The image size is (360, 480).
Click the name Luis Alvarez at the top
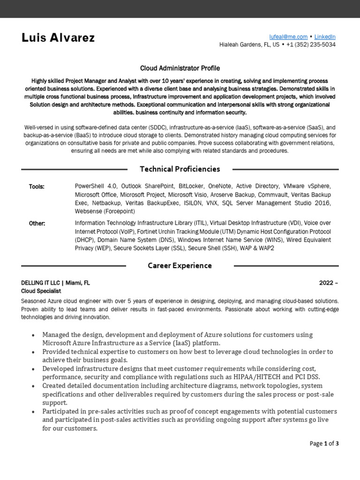point(58,38)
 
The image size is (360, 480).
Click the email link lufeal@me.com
point(288,37)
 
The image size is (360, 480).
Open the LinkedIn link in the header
point(325,37)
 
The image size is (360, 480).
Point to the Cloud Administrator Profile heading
point(180,68)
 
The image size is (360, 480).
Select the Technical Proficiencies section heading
point(180,169)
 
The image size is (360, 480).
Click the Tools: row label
point(37,187)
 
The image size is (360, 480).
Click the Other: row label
point(37,223)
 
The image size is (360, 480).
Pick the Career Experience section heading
point(180,265)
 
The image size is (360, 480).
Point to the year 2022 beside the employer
point(326,283)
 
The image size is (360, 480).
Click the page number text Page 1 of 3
point(324,443)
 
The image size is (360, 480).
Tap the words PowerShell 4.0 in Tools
point(95,186)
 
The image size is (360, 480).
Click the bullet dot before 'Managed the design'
point(32,335)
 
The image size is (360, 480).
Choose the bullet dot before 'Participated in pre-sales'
point(32,412)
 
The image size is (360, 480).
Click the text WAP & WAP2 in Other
point(257,248)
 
